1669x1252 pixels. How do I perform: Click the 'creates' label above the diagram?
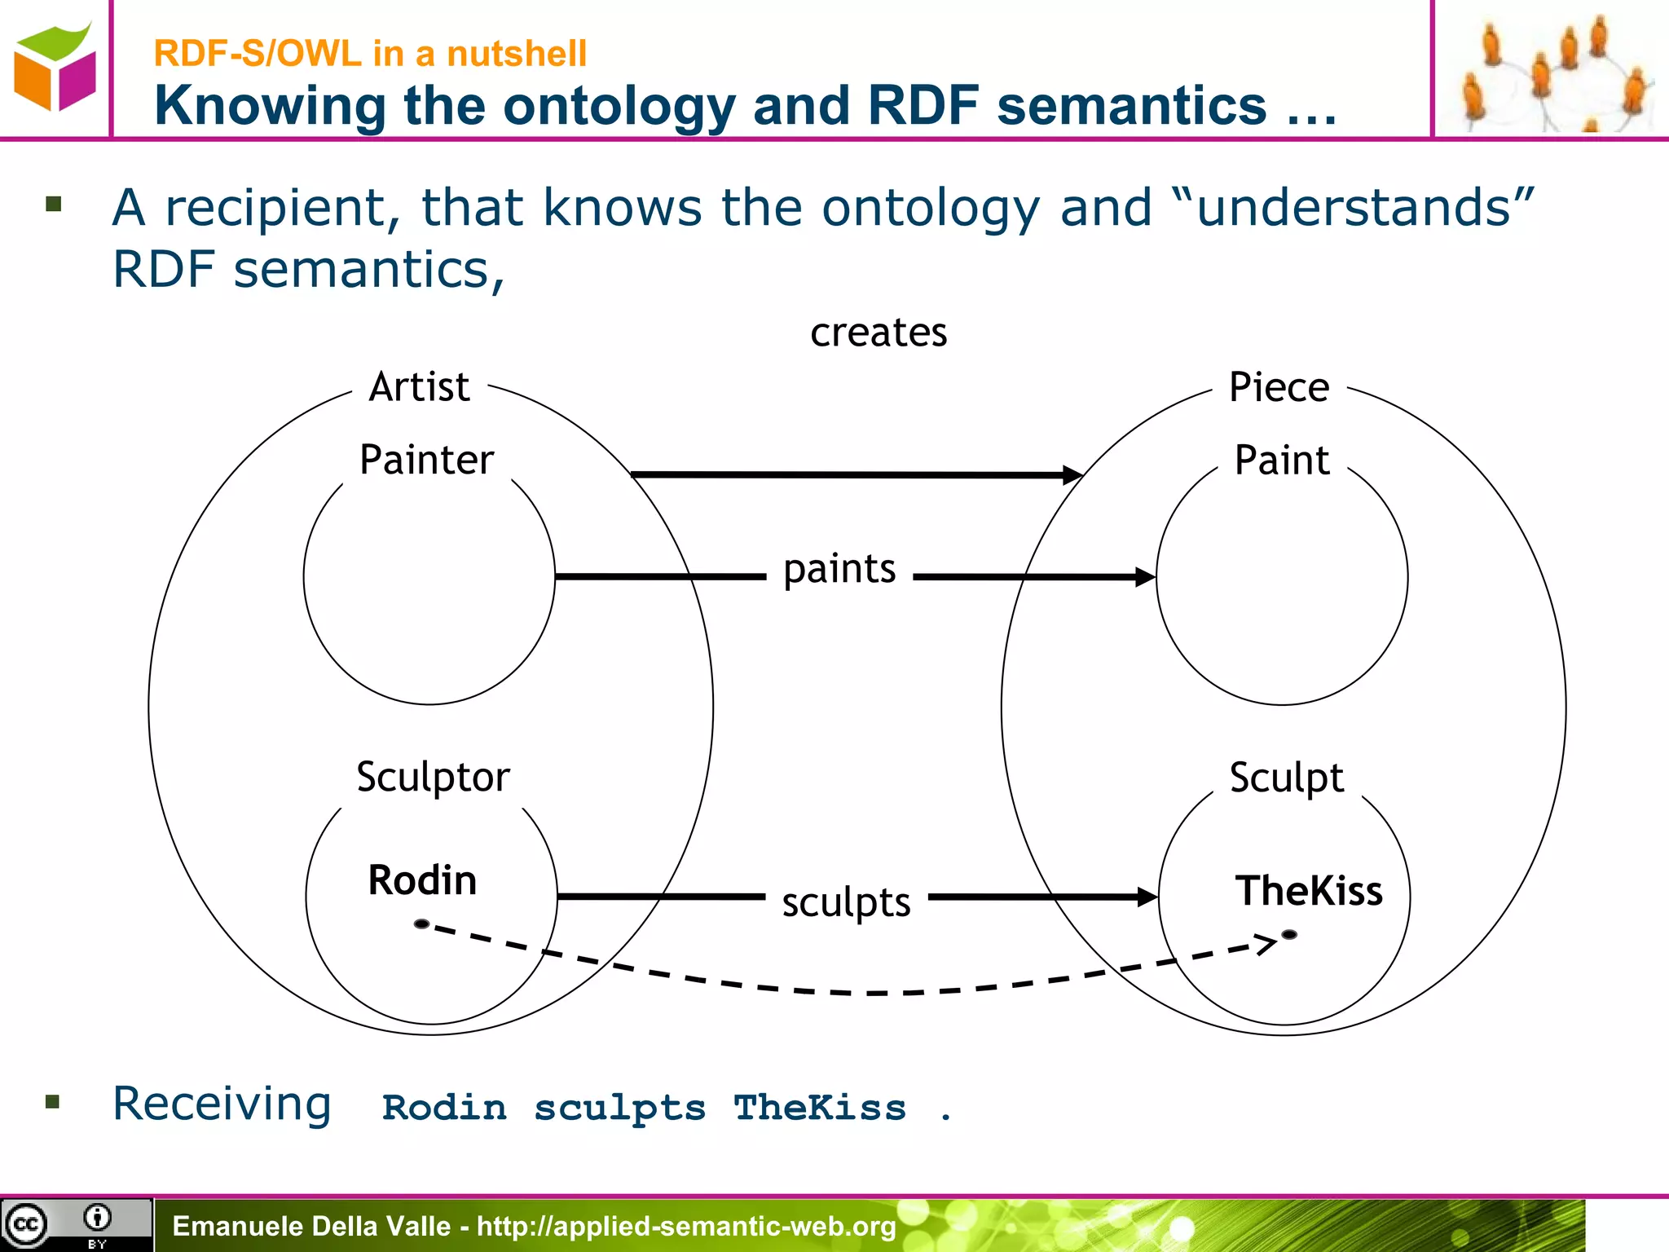879,333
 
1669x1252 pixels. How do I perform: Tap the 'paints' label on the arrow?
839,569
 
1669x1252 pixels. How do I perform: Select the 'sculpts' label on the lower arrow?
846,902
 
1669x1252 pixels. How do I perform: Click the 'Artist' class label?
420,386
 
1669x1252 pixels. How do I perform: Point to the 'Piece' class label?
1279,386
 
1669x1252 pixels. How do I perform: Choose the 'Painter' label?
426,460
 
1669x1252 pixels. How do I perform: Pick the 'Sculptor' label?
433,777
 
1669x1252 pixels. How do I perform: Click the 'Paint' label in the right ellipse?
1282,460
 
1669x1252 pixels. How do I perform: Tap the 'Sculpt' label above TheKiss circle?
1286,777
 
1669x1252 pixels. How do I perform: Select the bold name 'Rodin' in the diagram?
422,880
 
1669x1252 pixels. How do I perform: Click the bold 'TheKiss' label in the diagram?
1309,890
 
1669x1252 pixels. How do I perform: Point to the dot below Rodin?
421,924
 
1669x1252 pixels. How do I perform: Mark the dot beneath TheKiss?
1289,934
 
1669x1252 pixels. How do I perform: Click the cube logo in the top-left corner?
55,68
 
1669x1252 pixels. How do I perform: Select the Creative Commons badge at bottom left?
76,1224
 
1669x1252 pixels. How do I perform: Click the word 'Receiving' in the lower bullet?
222,1104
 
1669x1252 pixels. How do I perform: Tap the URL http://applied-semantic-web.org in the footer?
686,1226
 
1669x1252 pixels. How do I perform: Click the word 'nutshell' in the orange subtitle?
517,54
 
